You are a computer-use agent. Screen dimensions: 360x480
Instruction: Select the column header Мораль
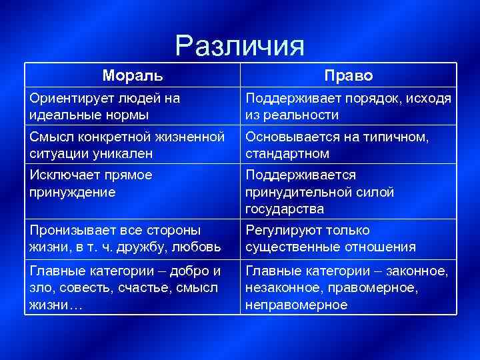point(132,75)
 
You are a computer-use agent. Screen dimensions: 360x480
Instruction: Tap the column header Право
point(348,75)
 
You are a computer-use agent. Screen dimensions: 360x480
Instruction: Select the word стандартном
point(287,153)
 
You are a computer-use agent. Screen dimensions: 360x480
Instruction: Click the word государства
point(285,209)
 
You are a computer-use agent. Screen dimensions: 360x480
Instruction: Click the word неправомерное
point(296,304)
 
